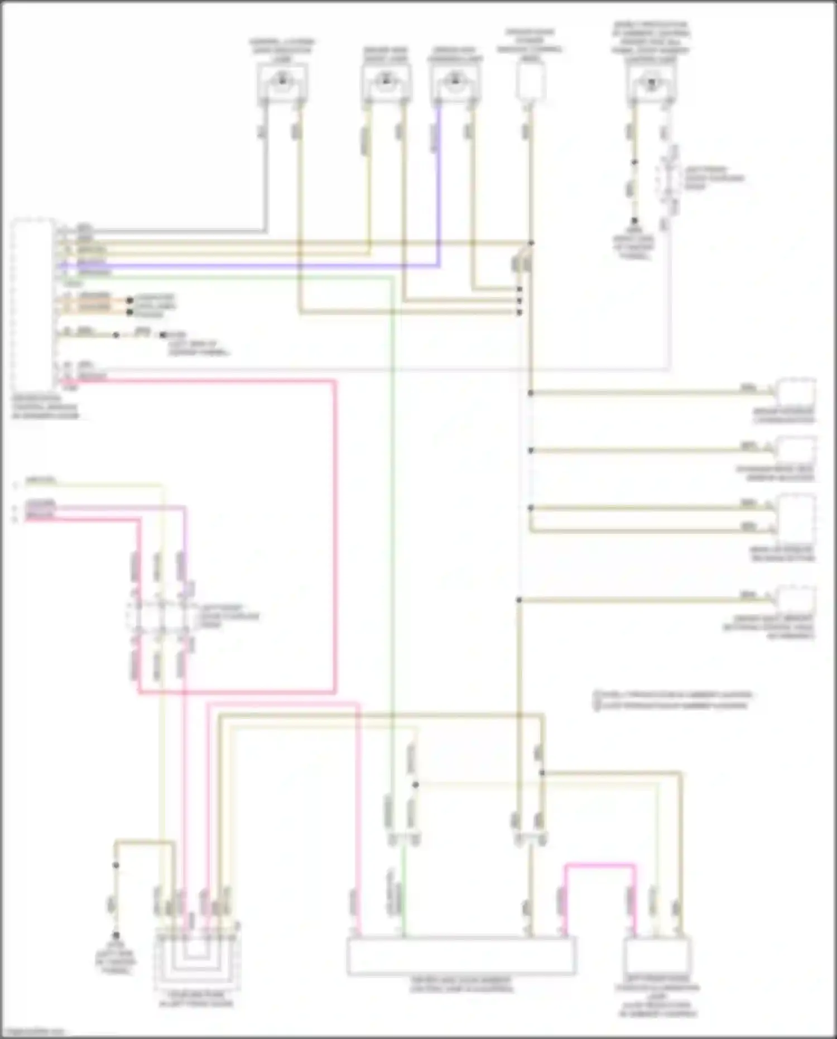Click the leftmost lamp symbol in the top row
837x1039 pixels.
(x=282, y=82)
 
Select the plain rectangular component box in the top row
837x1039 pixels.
(x=530, y=81)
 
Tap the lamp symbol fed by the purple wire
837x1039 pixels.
(x=455, y=82)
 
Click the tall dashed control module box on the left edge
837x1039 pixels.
(x=33, y=304)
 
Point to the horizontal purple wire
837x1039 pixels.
(x=251, y=266)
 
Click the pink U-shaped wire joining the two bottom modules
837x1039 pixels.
(x=600, y=866)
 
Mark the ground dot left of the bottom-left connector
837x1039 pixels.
(x=116, y=935)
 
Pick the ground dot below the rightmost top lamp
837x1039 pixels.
(x=634, y=221)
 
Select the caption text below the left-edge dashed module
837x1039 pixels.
(x=45, y=408)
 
